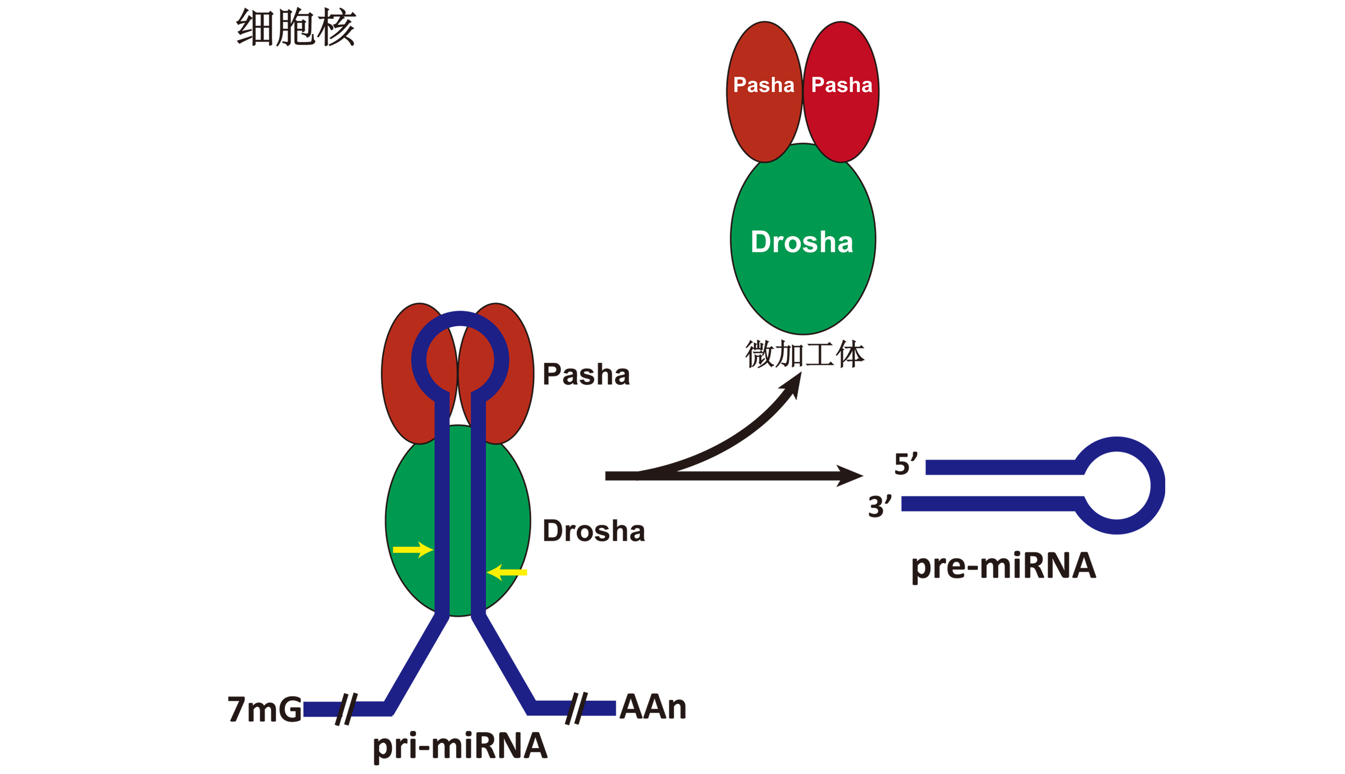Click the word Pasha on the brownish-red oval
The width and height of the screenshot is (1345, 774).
pyautogui.click(x=763, y=85)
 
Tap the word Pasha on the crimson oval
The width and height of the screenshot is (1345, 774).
pyautogui.click(x=842, y=85)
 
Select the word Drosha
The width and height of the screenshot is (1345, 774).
pyautogui.click(x=802, y=242)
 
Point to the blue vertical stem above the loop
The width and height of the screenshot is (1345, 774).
pyautogui.click(x=458, y=250)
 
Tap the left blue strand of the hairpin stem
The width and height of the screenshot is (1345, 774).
pyautogui.click(x=442, y=505)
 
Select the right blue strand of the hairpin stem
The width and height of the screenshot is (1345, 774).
pyautogui.click(x=478, y=505)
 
